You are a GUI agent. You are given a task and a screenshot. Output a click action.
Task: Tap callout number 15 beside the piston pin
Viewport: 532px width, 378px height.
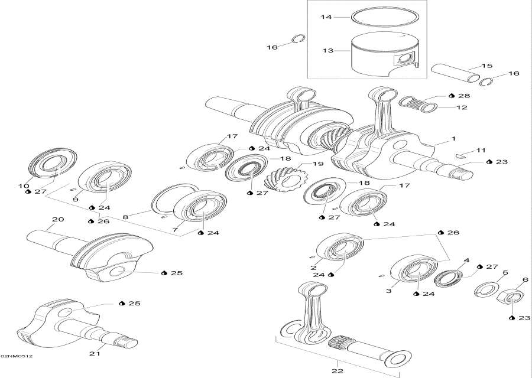487,66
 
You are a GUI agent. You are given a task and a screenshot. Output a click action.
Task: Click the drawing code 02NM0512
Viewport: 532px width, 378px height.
16,357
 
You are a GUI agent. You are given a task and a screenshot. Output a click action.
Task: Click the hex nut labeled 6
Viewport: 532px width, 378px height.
512,295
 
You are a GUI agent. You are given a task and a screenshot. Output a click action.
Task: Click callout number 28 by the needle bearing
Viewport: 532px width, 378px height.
463,95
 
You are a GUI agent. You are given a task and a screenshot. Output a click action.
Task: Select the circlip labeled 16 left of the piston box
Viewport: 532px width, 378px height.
300,40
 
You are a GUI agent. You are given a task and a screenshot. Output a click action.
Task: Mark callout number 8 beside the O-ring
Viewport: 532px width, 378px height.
125,217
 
